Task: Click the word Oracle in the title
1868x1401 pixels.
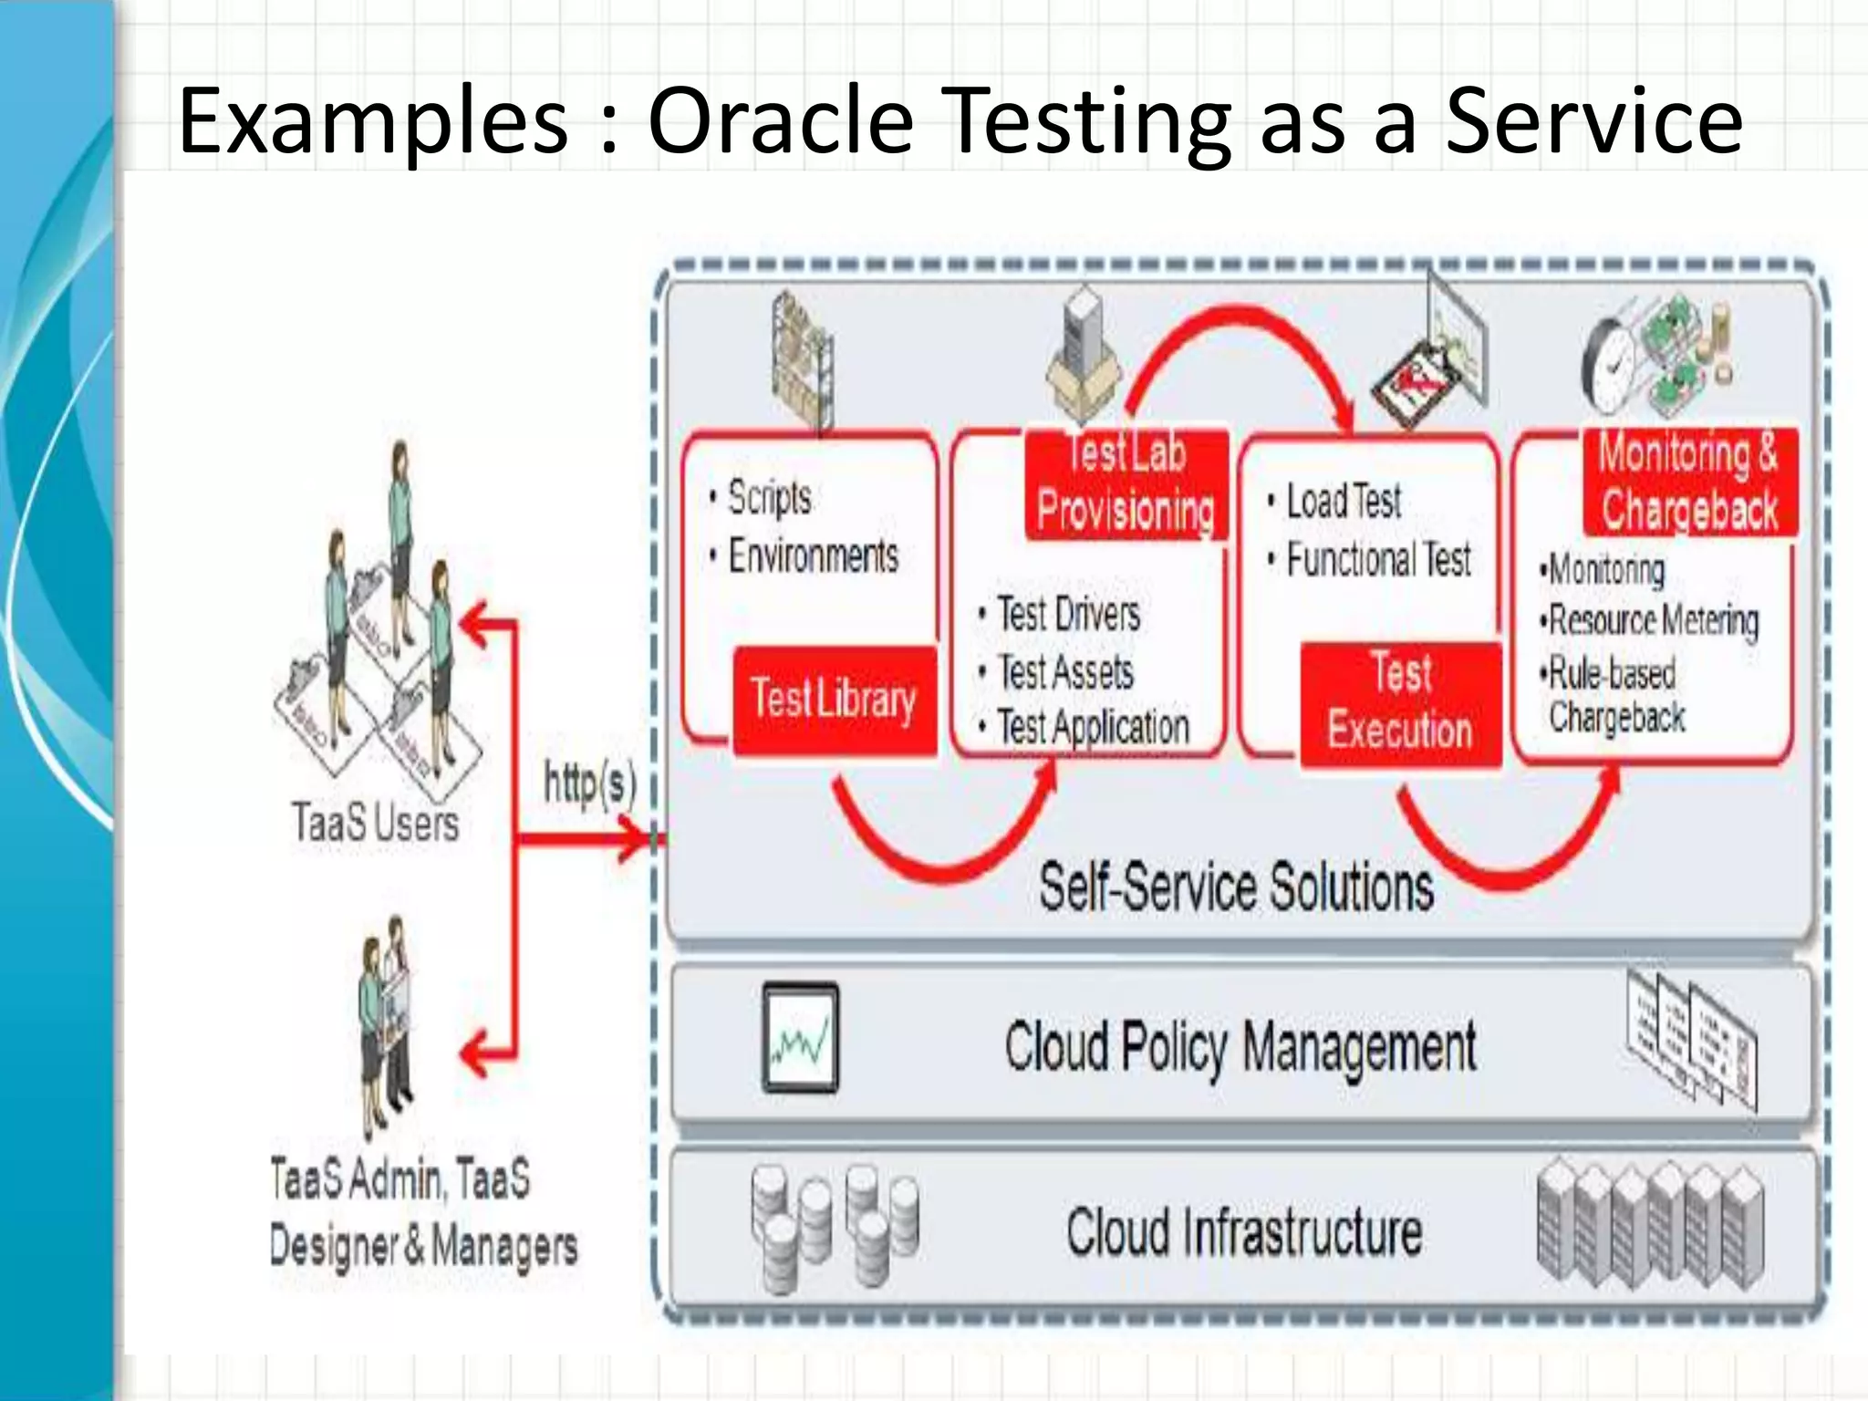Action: [x=780, y=120]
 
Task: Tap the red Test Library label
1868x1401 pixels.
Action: [x=834, y=700]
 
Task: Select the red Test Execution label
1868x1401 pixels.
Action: [x=1400, y=702]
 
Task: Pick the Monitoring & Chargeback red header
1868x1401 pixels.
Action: [x=1689, y=481]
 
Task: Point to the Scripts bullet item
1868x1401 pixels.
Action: [x=768, y=498]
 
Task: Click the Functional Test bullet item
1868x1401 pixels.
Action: [x=1377, y=559]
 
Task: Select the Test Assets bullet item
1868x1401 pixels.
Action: [x=1064, y=672]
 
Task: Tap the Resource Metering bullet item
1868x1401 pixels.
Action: [x=1653, y=621]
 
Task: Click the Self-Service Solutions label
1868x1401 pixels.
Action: [x=1236, y=887]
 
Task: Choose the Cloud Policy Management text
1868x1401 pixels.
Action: [x=1240, y=1047]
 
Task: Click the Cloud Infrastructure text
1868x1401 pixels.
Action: [x=1244, y=1231]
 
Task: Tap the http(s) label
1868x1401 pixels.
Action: [x=589, y=784]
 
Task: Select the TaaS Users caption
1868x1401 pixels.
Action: [x=375, y=822]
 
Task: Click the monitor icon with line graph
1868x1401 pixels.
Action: [x=800, y=1038]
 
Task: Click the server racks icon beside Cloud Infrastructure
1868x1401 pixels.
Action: [x=1649, y=1224]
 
